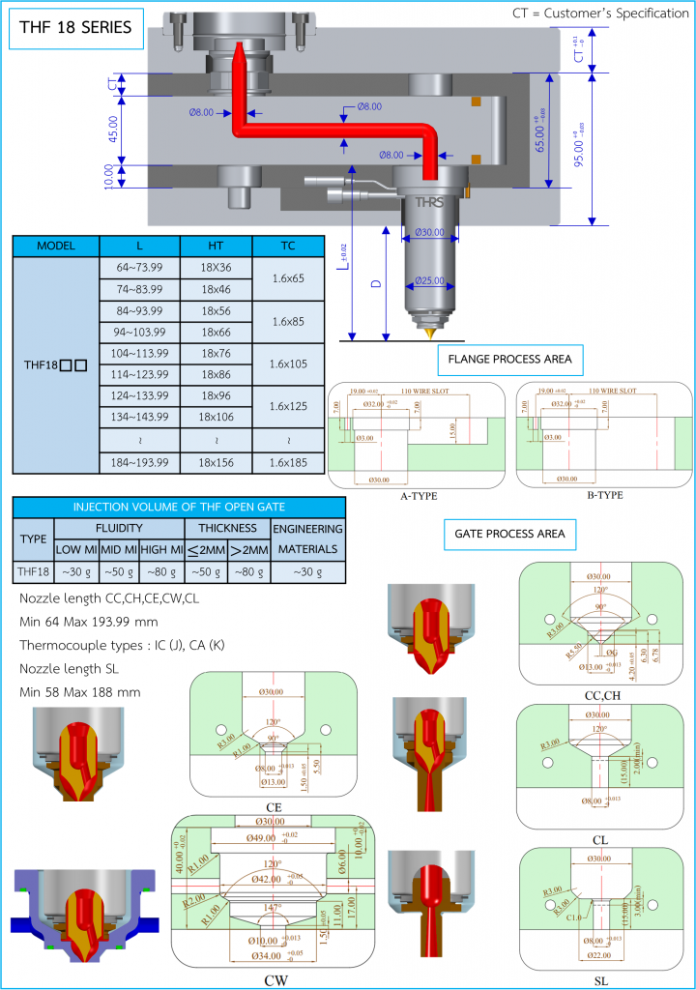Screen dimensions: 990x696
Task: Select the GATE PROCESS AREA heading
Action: pos(509,533)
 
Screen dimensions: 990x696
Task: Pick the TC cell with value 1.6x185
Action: pos(288,462)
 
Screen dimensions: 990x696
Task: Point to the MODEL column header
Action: pos(56,246)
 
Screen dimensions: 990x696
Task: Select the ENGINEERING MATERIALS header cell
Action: pos(307,539)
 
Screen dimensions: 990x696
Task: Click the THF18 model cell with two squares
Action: pos(56,365)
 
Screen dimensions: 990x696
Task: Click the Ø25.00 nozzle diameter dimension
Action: pos(428,281)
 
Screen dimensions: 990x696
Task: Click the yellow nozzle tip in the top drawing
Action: pos(427,331)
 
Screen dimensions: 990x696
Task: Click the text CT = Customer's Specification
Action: pos(599,14)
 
